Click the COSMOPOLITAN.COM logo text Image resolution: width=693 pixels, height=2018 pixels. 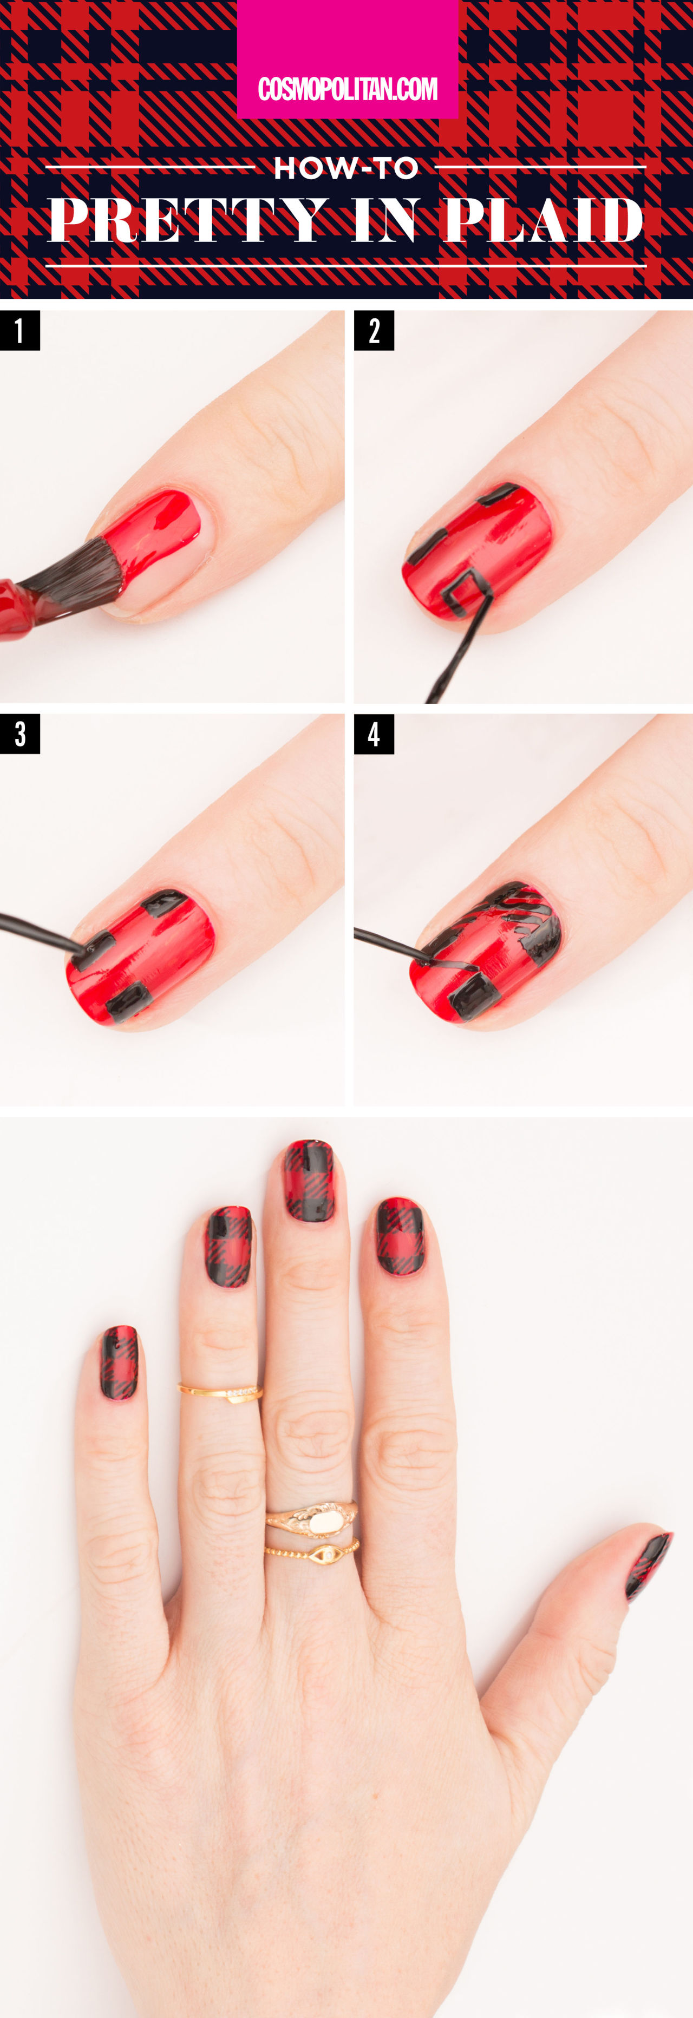pyautogui.click(x=347, y=89)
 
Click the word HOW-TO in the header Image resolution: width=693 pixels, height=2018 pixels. pyautogui.click(x=346, y=168)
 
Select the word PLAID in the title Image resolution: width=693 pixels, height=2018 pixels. pyautogui.click(x=542, y=220)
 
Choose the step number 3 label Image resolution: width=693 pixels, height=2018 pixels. pyautogui.click(x=19, y=734)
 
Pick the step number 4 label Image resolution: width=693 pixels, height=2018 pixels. pyautogui.click(x=374, y=734)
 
